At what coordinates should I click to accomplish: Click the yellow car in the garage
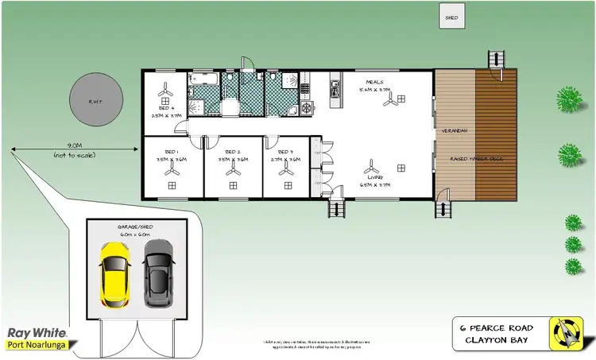(115, 272)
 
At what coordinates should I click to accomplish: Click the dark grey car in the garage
(158, 272)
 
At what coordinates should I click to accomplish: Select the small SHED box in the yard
(451, 15)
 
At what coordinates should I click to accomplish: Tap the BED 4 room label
(167, 107)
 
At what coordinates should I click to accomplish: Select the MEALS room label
(374, 82)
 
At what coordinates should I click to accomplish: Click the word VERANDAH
(455, 130)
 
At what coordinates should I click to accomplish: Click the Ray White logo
(37, 334)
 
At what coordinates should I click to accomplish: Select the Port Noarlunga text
(37, 346)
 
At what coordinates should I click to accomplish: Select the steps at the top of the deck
(496, 60)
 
